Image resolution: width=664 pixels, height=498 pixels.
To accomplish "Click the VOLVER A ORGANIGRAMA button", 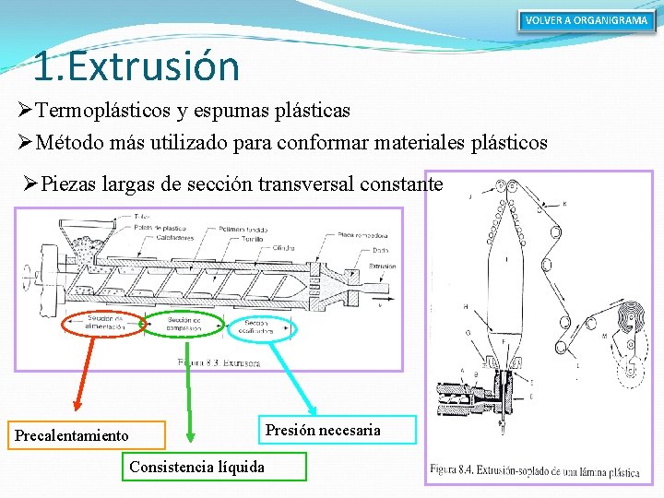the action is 587,20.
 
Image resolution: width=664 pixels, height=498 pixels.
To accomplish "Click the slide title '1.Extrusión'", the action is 136,66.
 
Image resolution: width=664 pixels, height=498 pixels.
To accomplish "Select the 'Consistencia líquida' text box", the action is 196,467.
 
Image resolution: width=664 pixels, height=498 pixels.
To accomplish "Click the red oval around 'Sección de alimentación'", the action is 103,322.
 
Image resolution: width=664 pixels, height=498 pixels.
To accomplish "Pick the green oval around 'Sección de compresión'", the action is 184,323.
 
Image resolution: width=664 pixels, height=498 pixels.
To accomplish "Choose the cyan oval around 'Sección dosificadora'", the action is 256,327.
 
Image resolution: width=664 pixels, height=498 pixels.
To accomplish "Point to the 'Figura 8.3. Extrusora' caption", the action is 219,362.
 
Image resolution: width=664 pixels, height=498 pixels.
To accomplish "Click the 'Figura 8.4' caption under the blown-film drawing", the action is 534,471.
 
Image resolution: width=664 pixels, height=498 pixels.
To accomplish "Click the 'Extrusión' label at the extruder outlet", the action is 378,266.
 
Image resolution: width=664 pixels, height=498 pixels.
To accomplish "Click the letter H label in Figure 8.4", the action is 465,306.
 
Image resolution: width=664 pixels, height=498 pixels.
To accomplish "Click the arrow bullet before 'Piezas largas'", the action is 30,184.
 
